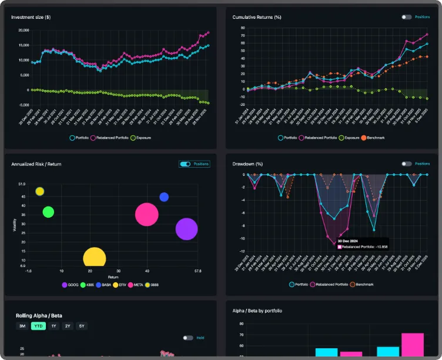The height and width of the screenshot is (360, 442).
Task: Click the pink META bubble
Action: tap(147, 215)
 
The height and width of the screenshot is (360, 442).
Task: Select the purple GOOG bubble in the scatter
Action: tap(186, 229)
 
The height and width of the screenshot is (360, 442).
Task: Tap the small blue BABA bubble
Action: tap(164, 197)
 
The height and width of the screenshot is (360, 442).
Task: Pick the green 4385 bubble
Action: tap(48, 212)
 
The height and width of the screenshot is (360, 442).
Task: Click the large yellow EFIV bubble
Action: tap(94, 259)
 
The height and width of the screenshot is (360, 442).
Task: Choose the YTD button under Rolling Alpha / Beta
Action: tap(38, 326)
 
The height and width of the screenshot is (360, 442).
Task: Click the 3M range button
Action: tap(22, 326)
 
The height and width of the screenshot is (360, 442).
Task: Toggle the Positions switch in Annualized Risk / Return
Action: tap(186, 164)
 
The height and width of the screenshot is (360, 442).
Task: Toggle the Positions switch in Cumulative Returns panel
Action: tap(407, 17)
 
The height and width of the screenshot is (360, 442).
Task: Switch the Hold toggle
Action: tap(188, 338)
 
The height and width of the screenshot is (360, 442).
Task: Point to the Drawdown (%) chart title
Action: tap(247, 164)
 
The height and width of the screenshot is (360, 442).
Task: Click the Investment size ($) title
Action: tap(31, 17)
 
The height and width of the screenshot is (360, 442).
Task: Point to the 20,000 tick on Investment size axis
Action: tap(24, 30)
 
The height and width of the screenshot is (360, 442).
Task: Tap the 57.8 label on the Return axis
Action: tap(197, 271)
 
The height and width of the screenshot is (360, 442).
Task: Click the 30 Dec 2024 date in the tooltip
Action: tap(349, 241)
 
